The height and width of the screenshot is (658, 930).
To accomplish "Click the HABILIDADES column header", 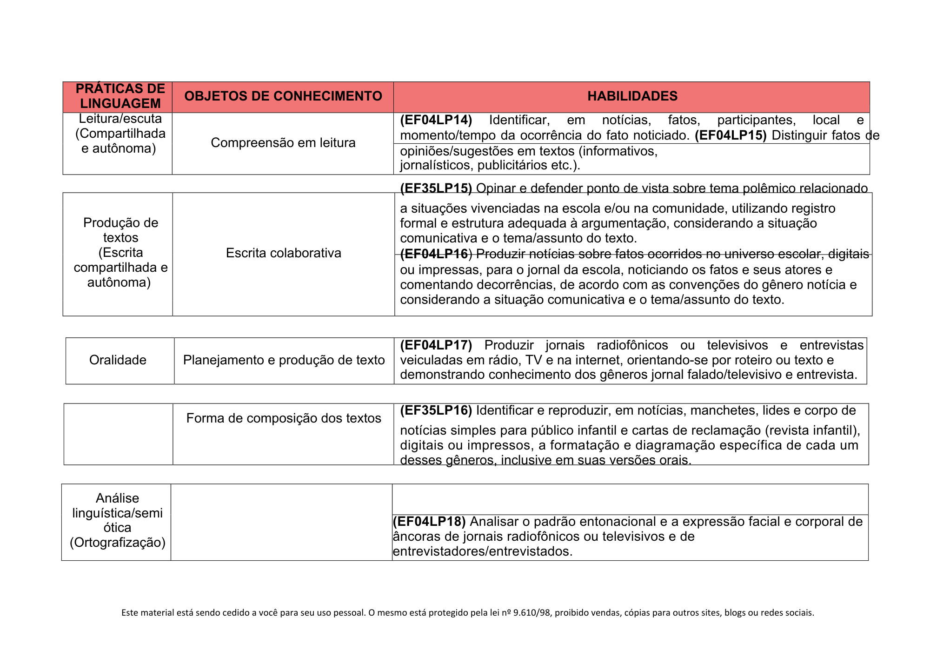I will [632, 96].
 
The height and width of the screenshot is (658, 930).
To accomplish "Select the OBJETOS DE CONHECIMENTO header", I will [283, 96].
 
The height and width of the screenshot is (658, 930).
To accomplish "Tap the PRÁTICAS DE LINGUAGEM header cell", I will [120, 96].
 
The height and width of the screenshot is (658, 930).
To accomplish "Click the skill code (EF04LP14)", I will [436, 121].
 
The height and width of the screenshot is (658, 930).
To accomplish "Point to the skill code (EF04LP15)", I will [730, 135].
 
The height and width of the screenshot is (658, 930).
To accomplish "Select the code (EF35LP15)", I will [436, 188].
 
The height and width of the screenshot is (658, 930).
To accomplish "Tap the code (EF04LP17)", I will [436, 345].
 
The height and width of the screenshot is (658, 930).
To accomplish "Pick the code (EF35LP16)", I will [436, 410].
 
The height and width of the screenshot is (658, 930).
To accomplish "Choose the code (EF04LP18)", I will [429, 522].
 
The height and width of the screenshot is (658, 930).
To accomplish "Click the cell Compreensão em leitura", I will [283, 143].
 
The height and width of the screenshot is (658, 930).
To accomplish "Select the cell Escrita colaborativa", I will [283, 253].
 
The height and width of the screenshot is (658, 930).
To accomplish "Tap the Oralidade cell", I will [118, 360].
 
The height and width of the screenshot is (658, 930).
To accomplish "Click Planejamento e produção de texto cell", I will [284, 360].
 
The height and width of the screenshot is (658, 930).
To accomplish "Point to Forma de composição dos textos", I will [284, 418].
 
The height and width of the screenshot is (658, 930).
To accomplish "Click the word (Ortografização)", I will [118, 543].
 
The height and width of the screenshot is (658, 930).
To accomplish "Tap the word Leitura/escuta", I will [120, 119].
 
